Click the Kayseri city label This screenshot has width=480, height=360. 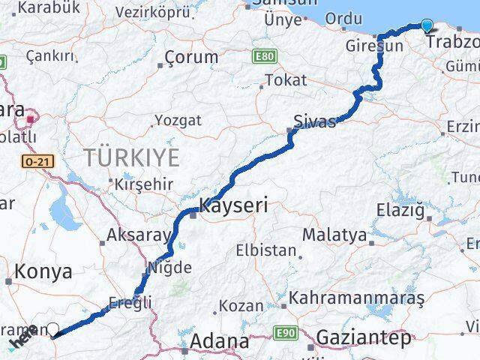point(233,203)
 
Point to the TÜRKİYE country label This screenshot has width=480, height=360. point(131,158)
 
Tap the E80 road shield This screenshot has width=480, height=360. point(265,56)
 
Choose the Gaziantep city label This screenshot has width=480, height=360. point(364,338)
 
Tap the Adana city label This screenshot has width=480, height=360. point(219,342)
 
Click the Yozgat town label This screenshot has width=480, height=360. point(178,120)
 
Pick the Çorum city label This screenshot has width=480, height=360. point(191,57)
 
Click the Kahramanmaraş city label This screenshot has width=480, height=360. point(357,298)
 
